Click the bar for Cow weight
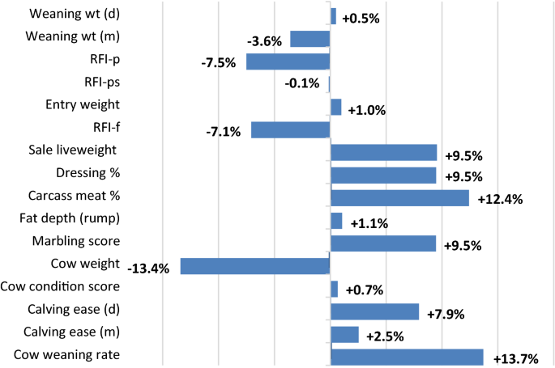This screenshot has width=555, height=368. tap(255, 266)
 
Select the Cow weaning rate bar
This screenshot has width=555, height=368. tap(407, 357)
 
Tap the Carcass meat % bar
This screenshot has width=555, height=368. tap(399, 198)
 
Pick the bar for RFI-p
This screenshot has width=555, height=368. tap(288, 61)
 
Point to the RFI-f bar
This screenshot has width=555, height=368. tap(291, 129)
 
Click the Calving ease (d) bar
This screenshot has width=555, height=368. tap(374, 312)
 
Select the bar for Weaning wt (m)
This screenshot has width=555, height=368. tap(310, 38)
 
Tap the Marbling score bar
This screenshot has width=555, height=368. tap(383, 243)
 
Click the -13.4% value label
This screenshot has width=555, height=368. tap(148, 269)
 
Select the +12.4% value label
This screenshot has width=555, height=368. tap(498, 200)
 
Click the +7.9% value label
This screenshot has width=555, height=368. tap(446, 314)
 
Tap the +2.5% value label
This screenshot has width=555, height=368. tap(386, 336)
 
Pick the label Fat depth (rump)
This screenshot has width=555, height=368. tap(70, 218)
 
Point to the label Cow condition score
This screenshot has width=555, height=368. tap(61, 286)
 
